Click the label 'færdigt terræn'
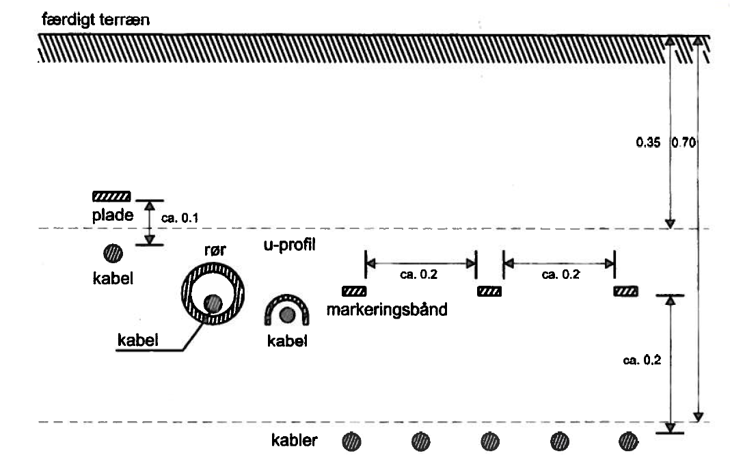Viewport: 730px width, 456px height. click(x=96, y=20)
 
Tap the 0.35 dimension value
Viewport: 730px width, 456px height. click(x=648, y=142)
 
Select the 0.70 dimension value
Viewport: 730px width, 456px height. click(x=684, y=142)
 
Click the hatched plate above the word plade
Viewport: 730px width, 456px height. click(x=111, y=196)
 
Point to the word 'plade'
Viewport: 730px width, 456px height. click(x=113, y=215)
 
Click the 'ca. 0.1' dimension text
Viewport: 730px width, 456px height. click(x=180, y=218)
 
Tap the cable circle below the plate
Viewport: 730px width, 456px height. click(x=113, y=254)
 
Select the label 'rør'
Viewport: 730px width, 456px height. click(x=215, y=250)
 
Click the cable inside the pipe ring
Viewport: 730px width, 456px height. click(x=213, y=304)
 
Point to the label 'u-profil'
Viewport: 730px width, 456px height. click(x=290, y=245)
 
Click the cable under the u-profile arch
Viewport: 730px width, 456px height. click(x=287, y=315)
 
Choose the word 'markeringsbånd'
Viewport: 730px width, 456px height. click(x=387, y=310)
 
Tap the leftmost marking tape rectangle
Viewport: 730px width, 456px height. click(x=354, y=291)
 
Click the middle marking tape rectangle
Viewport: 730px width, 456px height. click(x=489, y=291)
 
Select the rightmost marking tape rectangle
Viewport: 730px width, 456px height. click(x=625, y=291)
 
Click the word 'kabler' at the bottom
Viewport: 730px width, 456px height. click(x=294, y=440)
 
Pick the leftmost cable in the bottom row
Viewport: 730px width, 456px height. click(x=351, y=442)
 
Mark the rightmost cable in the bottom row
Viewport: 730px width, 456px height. click(x=629, y=442)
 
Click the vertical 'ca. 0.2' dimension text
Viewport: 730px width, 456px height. click(x=642, y=360)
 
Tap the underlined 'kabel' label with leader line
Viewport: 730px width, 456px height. click(x=138, y=340)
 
